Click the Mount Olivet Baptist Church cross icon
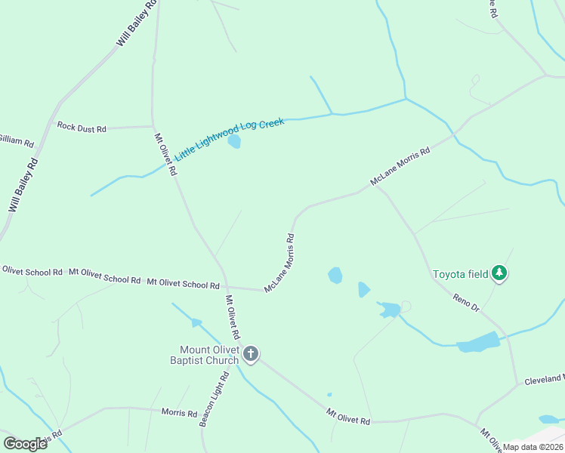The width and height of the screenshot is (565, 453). [251, 353]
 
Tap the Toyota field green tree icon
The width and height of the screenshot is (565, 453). [499, 273]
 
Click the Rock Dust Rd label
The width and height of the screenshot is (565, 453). [82, 128]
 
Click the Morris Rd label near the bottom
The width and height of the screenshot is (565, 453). [179, 413]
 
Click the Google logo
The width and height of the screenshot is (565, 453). [26, 444]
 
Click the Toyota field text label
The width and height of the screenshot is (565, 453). [460, 274]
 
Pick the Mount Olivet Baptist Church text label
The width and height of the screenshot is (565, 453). [209, 355]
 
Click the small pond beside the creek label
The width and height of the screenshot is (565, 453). [234, 142]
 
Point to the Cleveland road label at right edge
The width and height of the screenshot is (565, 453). [545, 377]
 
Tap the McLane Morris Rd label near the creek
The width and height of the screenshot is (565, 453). [400, 167]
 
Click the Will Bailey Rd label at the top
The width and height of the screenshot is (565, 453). [137, 24]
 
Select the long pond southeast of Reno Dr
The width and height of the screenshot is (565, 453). [478, 343]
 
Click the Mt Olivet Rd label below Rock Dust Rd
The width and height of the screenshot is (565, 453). [166, 155]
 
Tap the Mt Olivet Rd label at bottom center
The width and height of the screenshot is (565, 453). [348, 416]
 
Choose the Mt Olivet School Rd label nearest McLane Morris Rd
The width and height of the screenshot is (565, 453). [183, 284]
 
